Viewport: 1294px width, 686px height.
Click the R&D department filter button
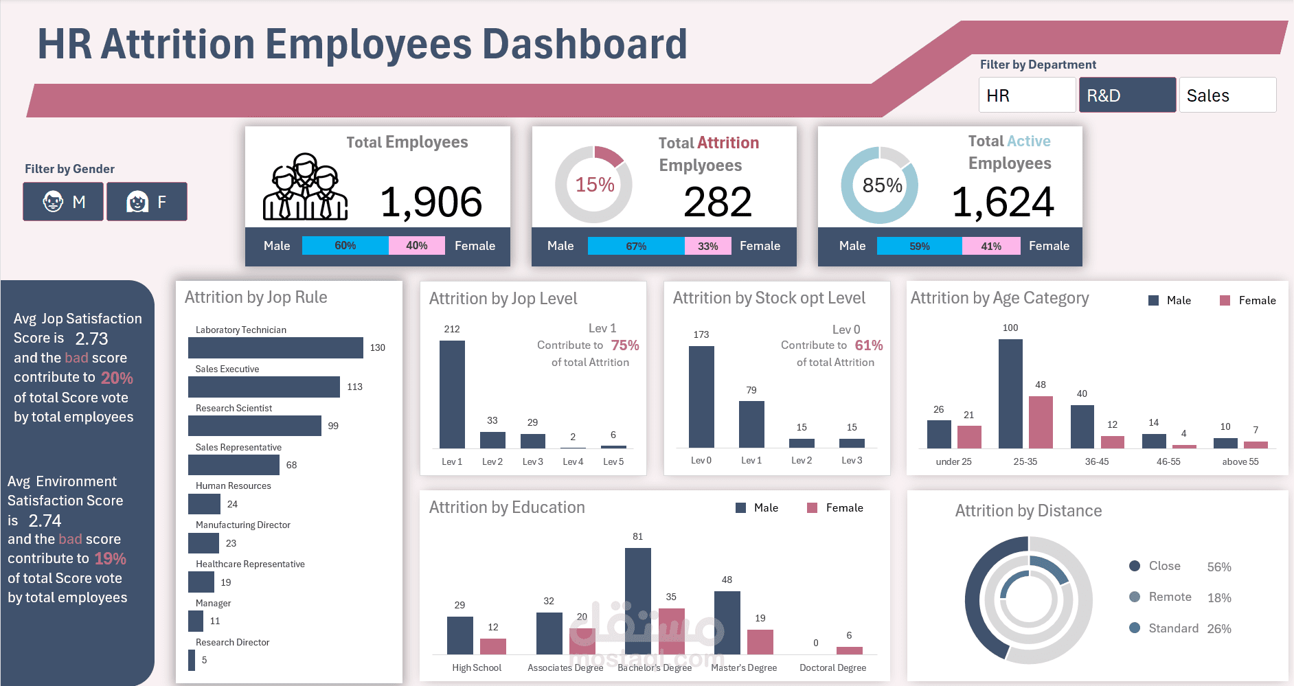pyautogui.click(x=1127, y=95)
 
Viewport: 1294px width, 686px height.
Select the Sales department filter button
pyautogui.click(x=1227, y=95)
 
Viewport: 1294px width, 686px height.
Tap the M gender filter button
pyautogui.click(x=63, y=201)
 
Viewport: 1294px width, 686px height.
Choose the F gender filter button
pyautogui.click(x=146, y=201)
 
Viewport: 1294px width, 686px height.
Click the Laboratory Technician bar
pyautogui.click(x=275, y=347)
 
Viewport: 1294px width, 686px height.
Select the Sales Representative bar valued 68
pyautogui.click(x=234, y=465)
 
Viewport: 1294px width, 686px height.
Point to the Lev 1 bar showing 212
pyautogui.click(x=452, y=395)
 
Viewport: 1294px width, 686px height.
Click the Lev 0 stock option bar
pyautogui.click(x=701, y=397)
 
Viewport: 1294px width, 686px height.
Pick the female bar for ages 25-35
pyautogui.click(x=1041, y=422)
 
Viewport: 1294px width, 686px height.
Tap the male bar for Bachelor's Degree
pyautogui.click(x=638, y=601)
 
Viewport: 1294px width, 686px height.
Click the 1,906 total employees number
pyautogui.click(x=431, y=202)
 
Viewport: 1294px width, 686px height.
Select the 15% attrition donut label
pyautogui.click(x=594, y=185)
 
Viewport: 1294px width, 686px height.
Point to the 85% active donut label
pyautogui.click(x=882, y=185)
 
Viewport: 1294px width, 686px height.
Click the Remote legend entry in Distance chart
pyautogui.click(x=1170, y=597)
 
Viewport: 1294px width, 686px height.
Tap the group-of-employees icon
pyautogui.click(x=305, y=187)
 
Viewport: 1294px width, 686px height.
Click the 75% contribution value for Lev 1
pyautogui.click(x=625, y=345)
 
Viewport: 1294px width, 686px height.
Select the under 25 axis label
pyautogui.click(x=953, y=461)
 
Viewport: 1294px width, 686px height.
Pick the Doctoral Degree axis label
pyautogui.click(x=832, y=667)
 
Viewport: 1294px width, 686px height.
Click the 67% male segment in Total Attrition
pyautogui.click(x=636, y=246)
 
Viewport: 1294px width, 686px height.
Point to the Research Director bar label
pyautogui.click(x=232, y=642)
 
